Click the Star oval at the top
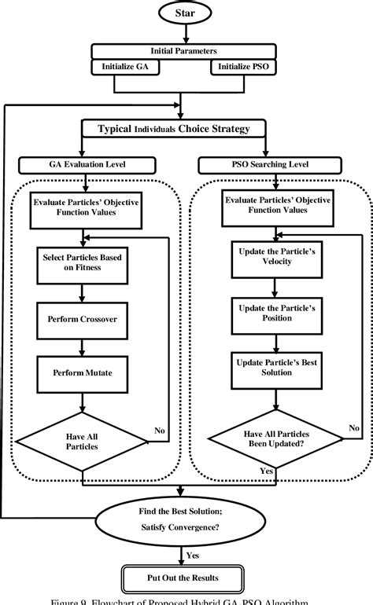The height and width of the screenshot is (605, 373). click(x=186, y=13)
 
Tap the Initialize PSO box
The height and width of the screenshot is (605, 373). click(x=245, y=68)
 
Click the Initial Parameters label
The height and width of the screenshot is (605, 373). click(x=186, y=51)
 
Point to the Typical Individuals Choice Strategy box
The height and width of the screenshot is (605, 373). click(x=186, y=129)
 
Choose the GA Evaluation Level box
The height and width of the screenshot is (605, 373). click(x=84, y=165)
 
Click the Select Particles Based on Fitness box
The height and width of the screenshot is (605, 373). click(x=76, y=261)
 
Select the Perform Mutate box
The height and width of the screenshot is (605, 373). click(x=76, y=369)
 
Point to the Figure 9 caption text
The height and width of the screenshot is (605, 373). click(x=186, y=600)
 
